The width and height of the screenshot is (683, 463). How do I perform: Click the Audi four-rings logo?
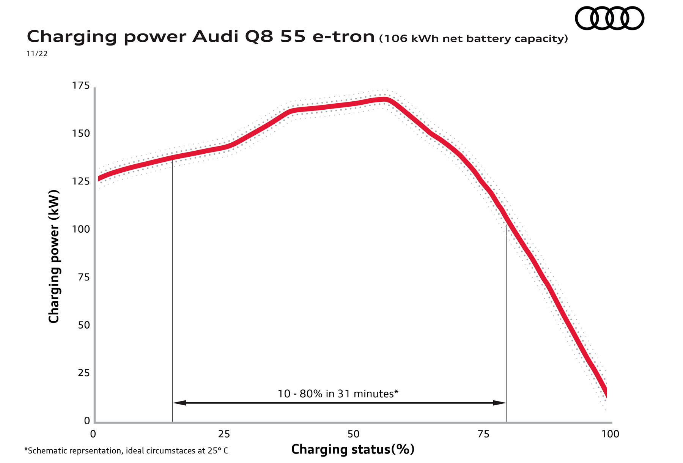[609, 18]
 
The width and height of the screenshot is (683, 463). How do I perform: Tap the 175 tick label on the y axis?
[81, 86]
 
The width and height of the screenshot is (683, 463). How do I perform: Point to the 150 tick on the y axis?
[81, 134]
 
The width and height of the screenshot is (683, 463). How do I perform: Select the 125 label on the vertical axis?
[81, 181]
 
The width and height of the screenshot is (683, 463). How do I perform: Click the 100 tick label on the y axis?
[81, 229]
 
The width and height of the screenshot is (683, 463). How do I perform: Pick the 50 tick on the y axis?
[83, 325]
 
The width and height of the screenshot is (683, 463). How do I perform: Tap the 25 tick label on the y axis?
[83, 373]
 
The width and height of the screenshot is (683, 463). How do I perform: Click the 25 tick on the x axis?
[224, 434]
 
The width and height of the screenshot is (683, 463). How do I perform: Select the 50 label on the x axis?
[353, 434]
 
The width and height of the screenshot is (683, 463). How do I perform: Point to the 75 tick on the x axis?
[483, 434]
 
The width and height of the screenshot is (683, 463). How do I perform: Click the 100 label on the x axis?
[610, 434]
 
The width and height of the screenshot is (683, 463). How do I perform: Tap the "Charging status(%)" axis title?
[353, 449]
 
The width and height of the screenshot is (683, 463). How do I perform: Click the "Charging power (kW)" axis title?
[54, 257]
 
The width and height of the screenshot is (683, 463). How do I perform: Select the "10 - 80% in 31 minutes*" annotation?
[338, 394]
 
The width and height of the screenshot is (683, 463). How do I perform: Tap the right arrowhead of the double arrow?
[500, 403]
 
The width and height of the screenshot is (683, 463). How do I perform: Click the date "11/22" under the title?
[37, 54]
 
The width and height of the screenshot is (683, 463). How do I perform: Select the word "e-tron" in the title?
[343, 37]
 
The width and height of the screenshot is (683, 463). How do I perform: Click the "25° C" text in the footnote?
[218, 451]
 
